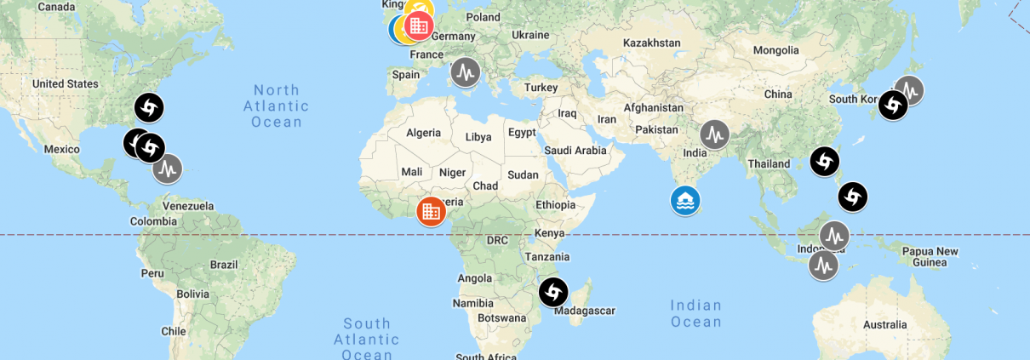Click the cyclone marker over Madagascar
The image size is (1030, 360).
tap(553, 293)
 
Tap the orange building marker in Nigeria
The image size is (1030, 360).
tap(431, 210)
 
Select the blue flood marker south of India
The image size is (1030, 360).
tap(685, 201)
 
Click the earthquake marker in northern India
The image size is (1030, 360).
tap(714, 134)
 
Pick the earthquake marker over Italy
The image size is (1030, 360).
tap(465, 72)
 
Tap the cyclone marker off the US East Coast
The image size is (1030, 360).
tap(149, 108)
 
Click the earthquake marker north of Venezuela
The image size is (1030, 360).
tap(168, 169)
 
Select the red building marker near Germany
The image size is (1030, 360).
tap(418, 26)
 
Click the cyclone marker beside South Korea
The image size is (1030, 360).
tap(892, 106)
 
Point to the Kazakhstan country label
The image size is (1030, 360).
tap(651, 43)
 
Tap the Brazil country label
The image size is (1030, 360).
tap(224, 265)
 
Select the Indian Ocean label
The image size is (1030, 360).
tap(695, 313)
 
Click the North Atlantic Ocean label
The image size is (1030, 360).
tap(276, 106)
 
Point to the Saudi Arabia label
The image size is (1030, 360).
tap(575, 150)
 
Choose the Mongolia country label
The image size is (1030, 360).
tap(775, 50)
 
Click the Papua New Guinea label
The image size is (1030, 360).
tap(930, 256)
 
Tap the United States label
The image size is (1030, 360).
tap(65, 83)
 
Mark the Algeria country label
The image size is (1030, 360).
tap(423, 132)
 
